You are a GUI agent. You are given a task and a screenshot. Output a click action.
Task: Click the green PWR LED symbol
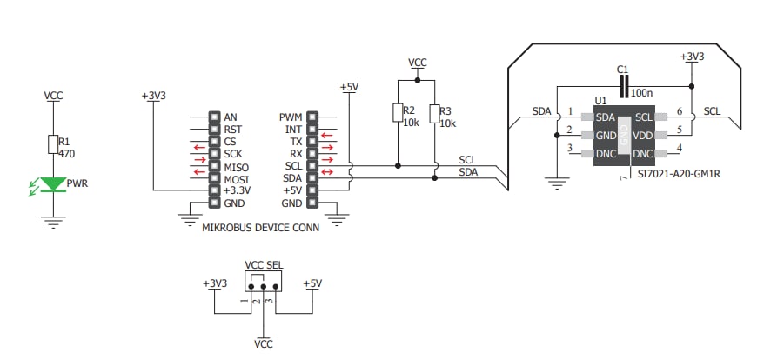coord(53,184)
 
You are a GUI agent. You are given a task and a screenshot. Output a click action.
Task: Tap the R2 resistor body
coord(398,113)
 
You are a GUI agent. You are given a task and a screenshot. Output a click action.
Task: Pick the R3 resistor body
coord(434,114)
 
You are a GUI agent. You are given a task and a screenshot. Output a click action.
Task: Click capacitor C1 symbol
coord(623,85)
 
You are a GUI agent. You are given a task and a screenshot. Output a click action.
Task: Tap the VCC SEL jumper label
coord(263,265)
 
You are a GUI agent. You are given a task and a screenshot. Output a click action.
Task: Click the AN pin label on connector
coord(230,117)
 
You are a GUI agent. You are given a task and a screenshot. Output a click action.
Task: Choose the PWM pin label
coord(290,117)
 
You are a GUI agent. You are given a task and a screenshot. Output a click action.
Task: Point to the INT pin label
coord(293,130)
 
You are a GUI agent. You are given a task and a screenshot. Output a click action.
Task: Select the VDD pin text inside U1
coord(642,136)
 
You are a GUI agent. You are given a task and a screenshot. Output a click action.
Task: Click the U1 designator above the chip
coord(600,101)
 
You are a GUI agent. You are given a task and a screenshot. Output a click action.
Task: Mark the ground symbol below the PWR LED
coord(53,222)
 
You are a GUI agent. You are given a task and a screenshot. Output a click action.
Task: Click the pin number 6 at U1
coord(678,111)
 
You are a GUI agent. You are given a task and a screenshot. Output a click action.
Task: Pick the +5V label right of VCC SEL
coord(312,283)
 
